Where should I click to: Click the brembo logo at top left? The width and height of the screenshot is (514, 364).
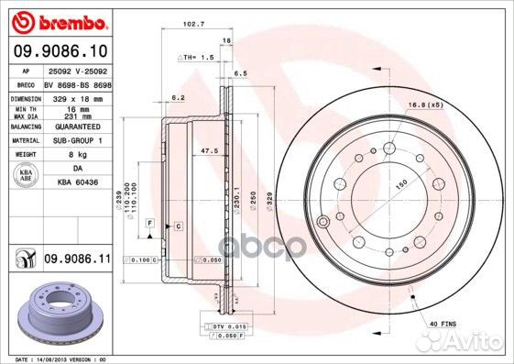(x=60, y=20)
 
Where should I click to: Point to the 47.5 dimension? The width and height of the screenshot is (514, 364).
(x=208, y=149)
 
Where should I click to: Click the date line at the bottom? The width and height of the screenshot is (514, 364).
(x=62, y=358)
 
